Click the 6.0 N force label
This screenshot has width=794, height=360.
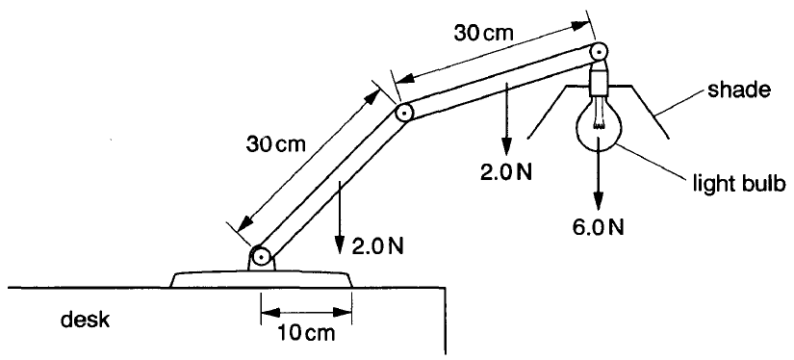pos(600,228)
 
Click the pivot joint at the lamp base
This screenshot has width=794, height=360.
pos(259,257)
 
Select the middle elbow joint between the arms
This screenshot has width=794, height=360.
pos(404,114)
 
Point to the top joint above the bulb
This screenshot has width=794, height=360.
pos(600,51)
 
